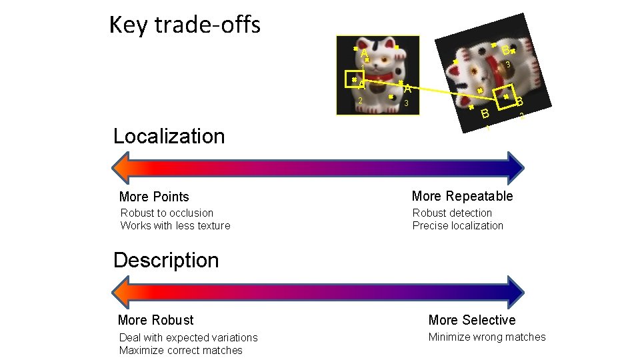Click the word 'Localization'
pyautogui.click(x=169, y=136)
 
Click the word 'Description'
pyautogui.click(x=166, y=260)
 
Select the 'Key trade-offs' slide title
pyautogui.click(x=185, y=25)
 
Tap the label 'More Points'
pyautogui.click(x=154, y=197)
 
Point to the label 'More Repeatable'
pyautogui.click(x=462, y=196)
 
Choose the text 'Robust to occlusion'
pyautogui.click(x=167, y=213)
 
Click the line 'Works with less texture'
pyautogui.click(x=175, y=225)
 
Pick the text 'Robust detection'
pyautogui.click(x=452, y=213)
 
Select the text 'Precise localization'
pyautogui.click(x=458, y=225)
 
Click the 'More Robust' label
pyautogui.click(x=155, y=320)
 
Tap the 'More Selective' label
pyautogui.click(x=472, y=320)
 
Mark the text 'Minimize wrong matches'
pyautogui.click(x=487, y=337)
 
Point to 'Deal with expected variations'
pyautogui.click(x=188, y=338)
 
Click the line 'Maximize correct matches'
pyautogui.click(x=181, y=351)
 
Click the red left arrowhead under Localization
pyautogui.click(x=123, y=167)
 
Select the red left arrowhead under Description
pyautogui.click(x=123, y=291)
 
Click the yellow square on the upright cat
pyautogui.click(x=355, y=79)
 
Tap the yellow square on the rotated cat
pyautogui.click(x=505, y=97)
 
